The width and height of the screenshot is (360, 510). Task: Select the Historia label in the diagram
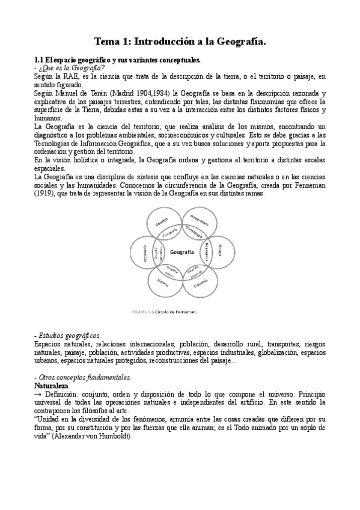point(163,281)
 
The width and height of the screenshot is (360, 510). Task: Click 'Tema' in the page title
point(108,41)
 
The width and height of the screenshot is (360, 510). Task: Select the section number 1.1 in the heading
point(38,60)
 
